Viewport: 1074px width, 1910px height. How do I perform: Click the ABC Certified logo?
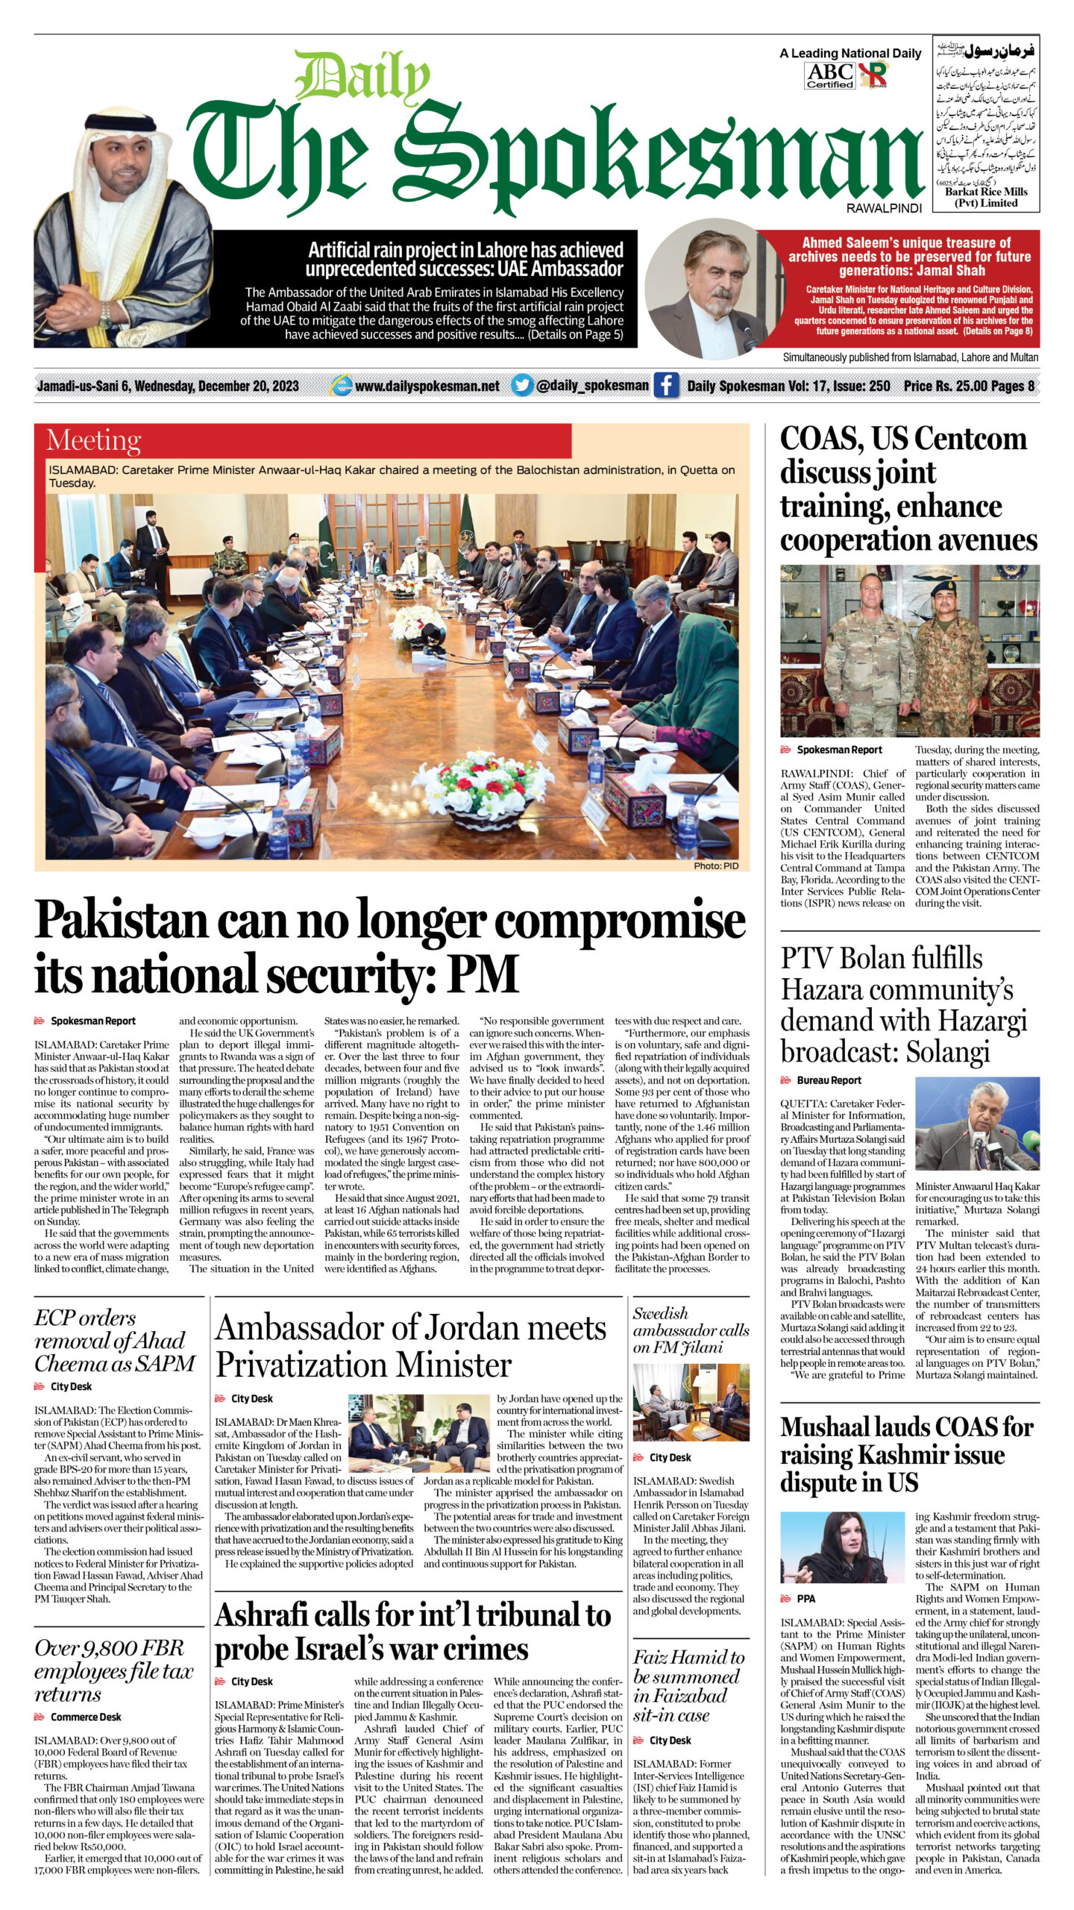pyautogui.click(x=829, y=75)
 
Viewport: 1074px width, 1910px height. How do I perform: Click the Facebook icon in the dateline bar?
pyautogui.click(x=666, y=385)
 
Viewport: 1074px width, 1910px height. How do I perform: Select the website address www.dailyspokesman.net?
pyautogui.click(x=427, y=386)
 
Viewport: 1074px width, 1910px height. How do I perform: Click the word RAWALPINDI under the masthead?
pyautogui.click(x=884, y=208)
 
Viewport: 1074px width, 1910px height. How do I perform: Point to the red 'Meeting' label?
pyautogui.click(x=93, y=440)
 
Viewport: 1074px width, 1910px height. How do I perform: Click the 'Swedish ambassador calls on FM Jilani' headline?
pyautogui.click(x=691, y=1330)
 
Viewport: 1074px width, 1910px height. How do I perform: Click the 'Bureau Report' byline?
pyautogui.click(x=829, y=1080)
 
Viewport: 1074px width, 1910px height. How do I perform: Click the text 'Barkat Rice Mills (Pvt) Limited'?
pyautogui.click(x=986, y=197)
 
